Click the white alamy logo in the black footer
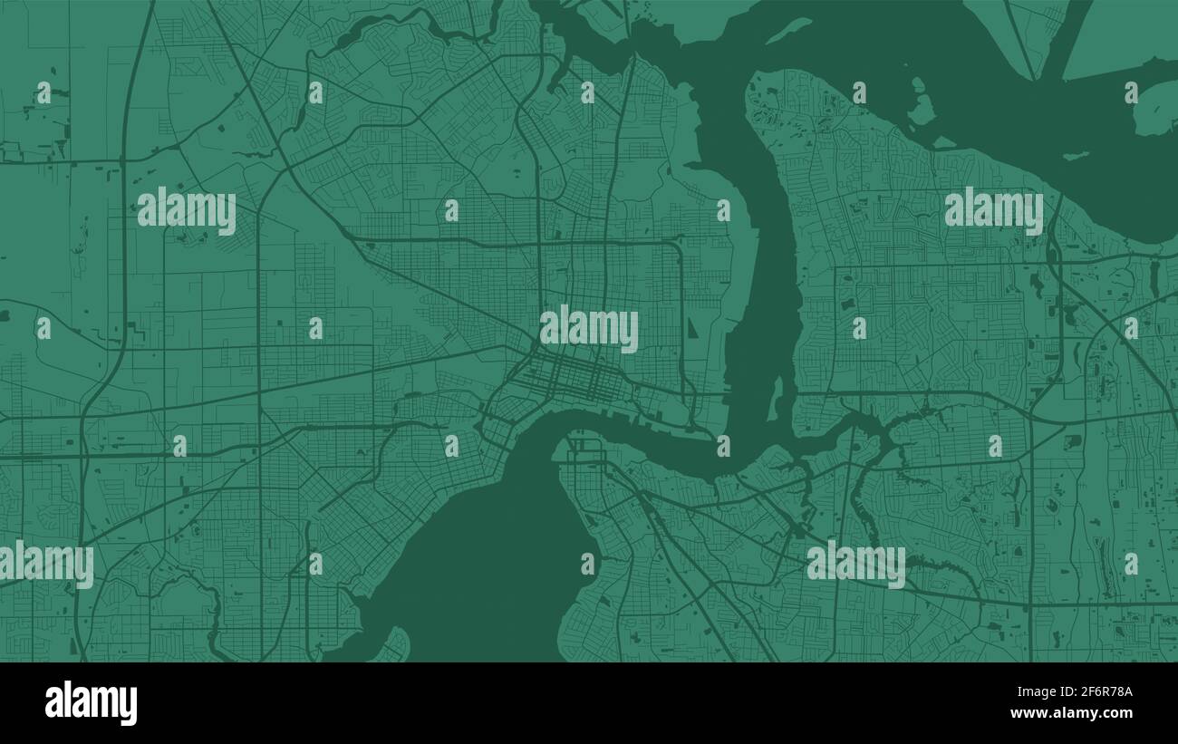[x=91, y=703]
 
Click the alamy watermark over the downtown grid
[x=589, y=329]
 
